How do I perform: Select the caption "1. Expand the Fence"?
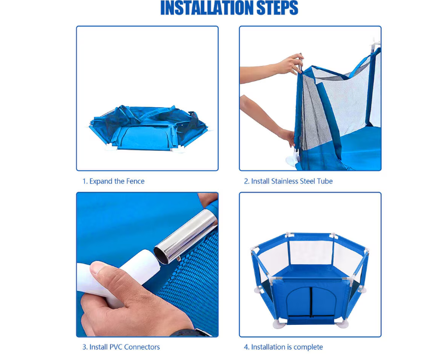tap(113, 181)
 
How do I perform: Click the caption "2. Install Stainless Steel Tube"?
tap(288, 181)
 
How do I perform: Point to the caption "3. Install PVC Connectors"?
tap(121, 347)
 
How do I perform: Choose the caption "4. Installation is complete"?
tap(283, 347)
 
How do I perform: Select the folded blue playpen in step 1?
tap(147, 128)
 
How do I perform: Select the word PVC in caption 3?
tap(116, 347)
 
